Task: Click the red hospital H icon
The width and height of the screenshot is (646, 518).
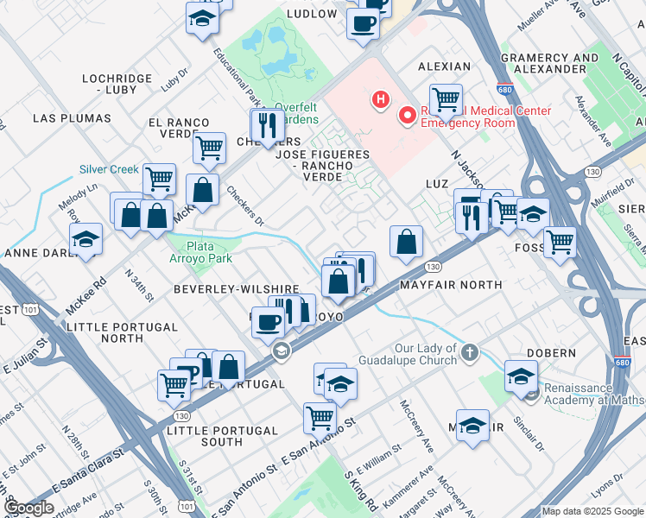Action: pyautogui.click(x=378, y=100)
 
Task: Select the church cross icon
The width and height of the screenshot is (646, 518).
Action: pyautogui.click(x=470, y=351)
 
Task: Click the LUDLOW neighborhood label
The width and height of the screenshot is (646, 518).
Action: pyautogui.click(x=312, y=14)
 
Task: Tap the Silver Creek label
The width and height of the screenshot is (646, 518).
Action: pyautogui.click(x=109, y=169)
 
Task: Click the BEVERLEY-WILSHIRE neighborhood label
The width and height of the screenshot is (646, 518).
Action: pyautogui.click(x=236, y=288)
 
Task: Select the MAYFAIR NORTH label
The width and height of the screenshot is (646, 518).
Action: pyautogui.click(x=450, y=284)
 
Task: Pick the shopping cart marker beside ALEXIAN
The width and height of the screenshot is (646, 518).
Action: pyautogui.click(x=446, y=99)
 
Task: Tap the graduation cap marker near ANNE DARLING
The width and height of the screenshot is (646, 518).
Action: pyautogui.click(x=85, y=239)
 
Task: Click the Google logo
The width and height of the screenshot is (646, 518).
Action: pyautogui.click(x=28, y=508)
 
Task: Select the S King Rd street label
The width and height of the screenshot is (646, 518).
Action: pyautogui.click(x=360, y=489)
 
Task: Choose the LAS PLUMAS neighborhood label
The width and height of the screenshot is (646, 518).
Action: pyautogui.click(x=72, y=117)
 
